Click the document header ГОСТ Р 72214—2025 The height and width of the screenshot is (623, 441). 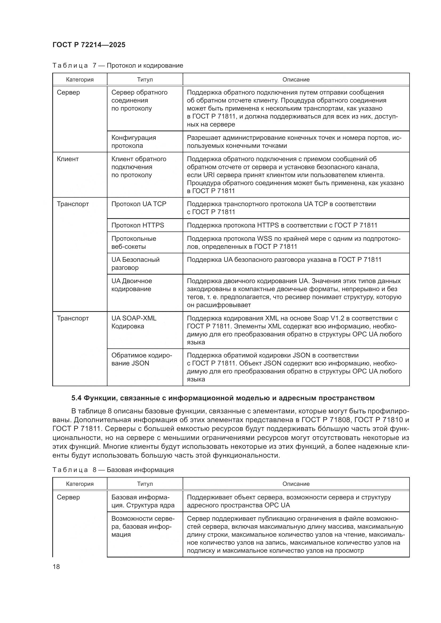[89, 45]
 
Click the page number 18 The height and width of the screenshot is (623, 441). [56, 567]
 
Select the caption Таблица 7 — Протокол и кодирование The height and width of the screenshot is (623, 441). [118, 66]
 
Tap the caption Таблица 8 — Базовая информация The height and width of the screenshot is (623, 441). [113, 470]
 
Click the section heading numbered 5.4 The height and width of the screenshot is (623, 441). [223, 398]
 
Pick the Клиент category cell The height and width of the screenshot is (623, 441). [68, 159]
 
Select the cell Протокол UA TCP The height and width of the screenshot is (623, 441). [139, 204]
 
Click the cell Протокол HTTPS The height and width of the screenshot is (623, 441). [138, 225]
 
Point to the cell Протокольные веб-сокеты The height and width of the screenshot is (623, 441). [134, 243]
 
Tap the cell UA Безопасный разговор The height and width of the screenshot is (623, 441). [135, 263]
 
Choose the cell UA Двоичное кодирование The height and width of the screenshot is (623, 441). [131, 285]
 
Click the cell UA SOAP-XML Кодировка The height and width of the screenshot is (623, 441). [134, 322]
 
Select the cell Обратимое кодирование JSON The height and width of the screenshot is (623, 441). [142, 359]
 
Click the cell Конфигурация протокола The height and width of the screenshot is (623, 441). [134, 142]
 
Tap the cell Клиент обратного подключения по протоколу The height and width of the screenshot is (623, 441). [138, 167]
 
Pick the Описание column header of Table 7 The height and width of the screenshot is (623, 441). [296, 79]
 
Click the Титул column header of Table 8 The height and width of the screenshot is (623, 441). [145, 484]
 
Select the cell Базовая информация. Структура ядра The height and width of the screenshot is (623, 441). [143, 501]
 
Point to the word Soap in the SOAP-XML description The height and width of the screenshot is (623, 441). [321, 318]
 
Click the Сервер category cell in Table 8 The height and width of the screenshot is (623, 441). [69, 497]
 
